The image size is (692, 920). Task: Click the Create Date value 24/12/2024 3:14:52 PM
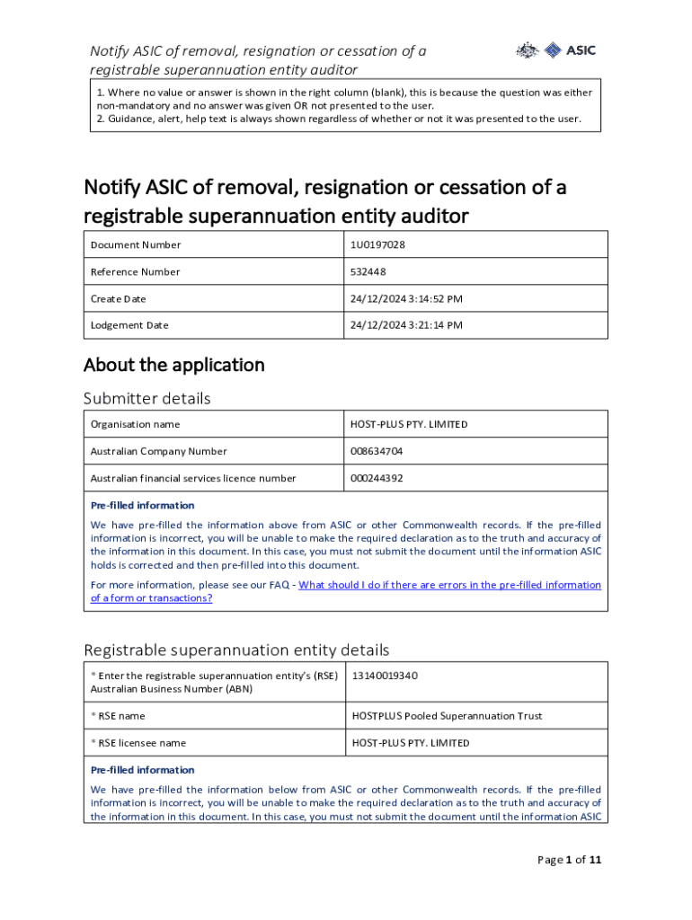click(x=406, y=298)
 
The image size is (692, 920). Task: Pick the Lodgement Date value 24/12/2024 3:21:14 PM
click(x=406, y=325)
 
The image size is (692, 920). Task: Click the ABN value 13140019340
click(x=385, y=676)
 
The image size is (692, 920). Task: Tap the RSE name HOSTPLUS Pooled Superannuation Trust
click(x=447, y=716)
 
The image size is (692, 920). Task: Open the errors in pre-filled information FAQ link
click(x=449, y=585)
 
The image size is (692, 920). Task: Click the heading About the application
click(x=174, y=365)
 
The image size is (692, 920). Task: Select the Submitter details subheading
click(x=147, y=398)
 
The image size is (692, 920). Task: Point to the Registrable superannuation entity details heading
click(x=236, y=650)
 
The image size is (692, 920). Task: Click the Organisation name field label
click(x=135, y=424)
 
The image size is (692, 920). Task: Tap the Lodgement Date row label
click(x=129, y=325)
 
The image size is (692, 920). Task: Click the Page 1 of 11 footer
click(x=569, y=860)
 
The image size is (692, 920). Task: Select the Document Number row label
click(x=136, y=244)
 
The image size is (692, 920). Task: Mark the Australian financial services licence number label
click(x=193, y=478)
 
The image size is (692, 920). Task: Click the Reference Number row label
click(x=135, y=271)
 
